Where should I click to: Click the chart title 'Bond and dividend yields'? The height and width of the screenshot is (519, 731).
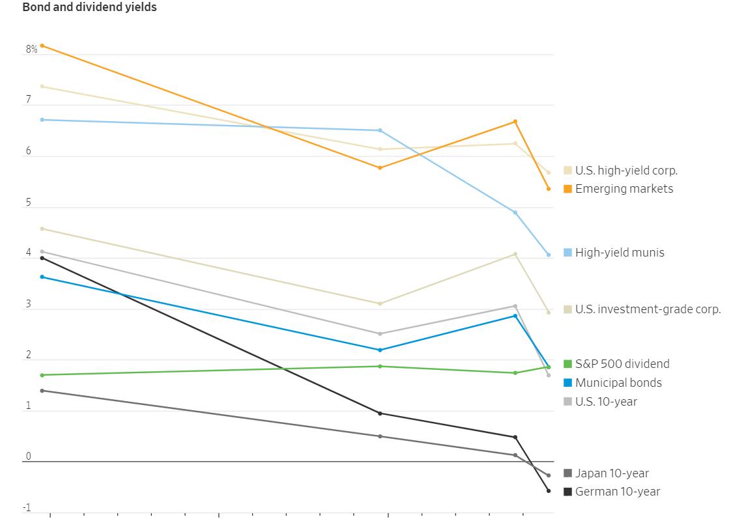click(x=89, y=8)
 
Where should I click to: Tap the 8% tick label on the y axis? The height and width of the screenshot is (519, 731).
click(x=31, y=49)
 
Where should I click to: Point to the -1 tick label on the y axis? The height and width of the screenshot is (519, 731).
click(x=27, y=508)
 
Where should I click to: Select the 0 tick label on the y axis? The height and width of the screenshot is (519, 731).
click(x=28, y=456)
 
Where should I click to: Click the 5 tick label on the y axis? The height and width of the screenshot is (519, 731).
click(x=28, y=203)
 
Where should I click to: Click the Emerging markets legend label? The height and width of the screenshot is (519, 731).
click(x=623, y=189)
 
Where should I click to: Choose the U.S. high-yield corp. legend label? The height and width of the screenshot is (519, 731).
click(x=626, y=171)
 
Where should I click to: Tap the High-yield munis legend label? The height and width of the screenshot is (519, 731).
click(x=619, y=253)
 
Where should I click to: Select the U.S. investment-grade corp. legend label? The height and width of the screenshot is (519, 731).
click(x=648, y=309)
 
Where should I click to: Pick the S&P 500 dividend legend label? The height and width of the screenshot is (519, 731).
click(x=622, y=364)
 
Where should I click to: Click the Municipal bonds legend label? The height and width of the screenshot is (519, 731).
click(x=618, y=383)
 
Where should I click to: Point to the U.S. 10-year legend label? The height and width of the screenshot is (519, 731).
click(x=606, y=402)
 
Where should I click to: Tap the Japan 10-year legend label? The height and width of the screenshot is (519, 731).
click(x=612, y=473)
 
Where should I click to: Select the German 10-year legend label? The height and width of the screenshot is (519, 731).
click(x=617, y=492)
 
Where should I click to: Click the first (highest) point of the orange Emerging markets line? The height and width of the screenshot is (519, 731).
click(x=42, y=46)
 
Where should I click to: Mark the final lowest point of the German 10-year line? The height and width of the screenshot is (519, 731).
click(x=549, y=491)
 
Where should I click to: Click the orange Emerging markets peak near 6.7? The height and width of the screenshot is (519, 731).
click(x=515, y=122)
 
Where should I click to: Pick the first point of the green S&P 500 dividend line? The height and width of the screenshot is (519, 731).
click(x=42, y=375)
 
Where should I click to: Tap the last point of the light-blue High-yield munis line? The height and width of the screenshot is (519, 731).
click(x=549, y=255)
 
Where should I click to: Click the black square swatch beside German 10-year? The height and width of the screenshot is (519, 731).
click(x=568, y=492)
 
